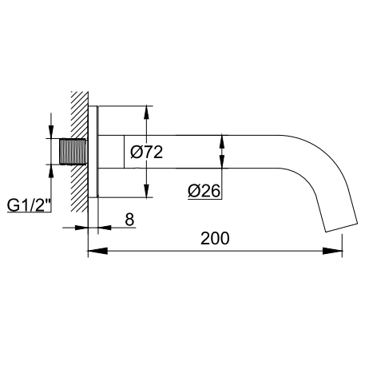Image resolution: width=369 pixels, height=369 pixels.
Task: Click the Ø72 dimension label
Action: [146, 153]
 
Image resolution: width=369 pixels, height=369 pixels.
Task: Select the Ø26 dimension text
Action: [204, 191]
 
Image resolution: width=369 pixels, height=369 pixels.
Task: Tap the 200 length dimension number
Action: [215, 238]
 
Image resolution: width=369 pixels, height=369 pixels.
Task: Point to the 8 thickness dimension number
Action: [129, 220]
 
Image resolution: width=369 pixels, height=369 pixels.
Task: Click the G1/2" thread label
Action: [29, 205]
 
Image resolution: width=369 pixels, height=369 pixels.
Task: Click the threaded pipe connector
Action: [73, 151]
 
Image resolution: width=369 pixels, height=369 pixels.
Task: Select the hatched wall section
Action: [79, 152]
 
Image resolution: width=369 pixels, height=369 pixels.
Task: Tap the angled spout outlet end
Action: [341, 227]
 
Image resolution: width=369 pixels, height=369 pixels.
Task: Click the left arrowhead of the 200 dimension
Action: [97, 251]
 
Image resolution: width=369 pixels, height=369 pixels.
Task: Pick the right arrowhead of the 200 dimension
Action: [332, 251]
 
